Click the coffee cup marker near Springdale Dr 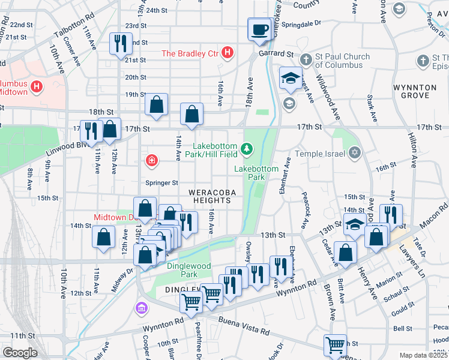coord(259,29)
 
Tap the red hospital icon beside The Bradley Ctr coord(227,53)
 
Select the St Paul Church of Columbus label coord(343,61)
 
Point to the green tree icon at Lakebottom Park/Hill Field coord(246,148)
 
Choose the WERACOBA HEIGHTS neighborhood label coord(209,196)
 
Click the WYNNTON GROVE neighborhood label coord(415,91)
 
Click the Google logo coord(20,352)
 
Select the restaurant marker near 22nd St coord(120,44)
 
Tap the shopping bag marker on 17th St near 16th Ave coord(191,114)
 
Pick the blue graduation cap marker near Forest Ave coord(291,79)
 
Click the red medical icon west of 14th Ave coord(152,160)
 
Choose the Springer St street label coord(161,182)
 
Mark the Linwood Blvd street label coord(66,146)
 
